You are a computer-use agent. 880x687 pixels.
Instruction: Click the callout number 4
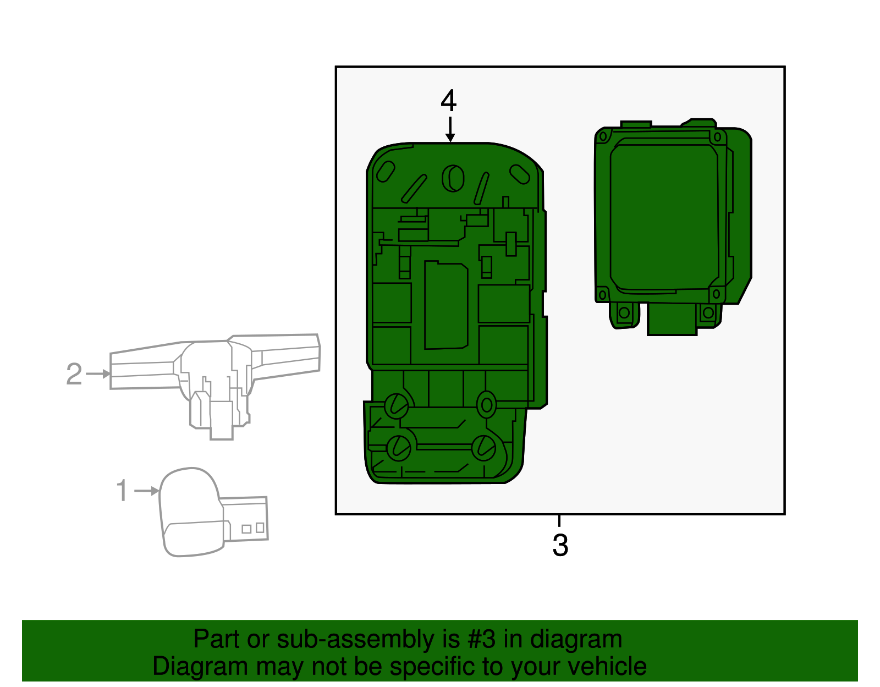click(448, 101)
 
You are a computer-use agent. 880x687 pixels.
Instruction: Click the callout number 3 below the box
click(560, 546)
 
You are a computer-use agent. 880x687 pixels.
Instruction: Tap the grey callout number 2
click(74, 373)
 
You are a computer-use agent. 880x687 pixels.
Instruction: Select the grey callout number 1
click(122, 491)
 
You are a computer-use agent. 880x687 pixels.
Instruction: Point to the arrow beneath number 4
click(450, 130)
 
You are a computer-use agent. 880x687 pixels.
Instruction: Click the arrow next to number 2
click(98, 373)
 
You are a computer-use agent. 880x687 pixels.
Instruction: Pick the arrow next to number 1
click(147, 491)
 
